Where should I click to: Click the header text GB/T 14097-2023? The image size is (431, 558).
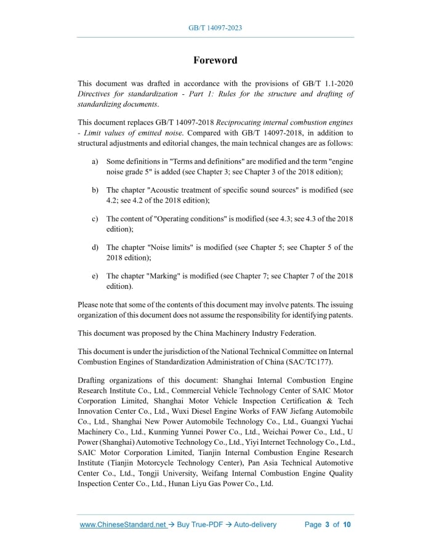[215, 28]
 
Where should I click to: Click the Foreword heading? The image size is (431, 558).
[215, 60]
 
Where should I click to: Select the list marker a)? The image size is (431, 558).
[95, 161]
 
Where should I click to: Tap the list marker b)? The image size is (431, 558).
[95, 190]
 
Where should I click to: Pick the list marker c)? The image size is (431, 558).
[95, 219]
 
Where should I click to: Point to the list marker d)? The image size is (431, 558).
[95, 248]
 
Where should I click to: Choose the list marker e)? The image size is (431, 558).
[95, 276]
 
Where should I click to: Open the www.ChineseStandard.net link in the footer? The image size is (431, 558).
[123, 525]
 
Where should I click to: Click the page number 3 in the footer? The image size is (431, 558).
[328, 525]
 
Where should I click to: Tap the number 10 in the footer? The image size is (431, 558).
[347, 525]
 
